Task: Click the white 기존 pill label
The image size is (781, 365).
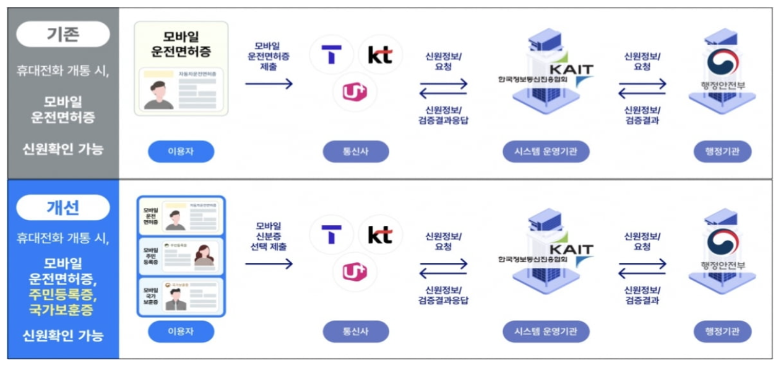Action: point(63,34)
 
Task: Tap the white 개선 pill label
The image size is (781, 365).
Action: point(63,207)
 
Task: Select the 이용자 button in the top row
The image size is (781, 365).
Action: point(181,152)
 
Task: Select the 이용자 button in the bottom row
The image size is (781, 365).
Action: point(181,332)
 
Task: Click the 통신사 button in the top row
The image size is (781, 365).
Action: point(356,152)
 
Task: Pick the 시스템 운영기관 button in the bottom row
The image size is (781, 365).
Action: point(546,332)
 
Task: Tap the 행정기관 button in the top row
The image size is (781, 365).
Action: point(723,152)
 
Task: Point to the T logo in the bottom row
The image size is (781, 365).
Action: point(332,234)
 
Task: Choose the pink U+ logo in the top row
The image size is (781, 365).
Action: point(355,92)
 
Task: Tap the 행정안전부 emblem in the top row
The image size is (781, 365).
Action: point(723,62)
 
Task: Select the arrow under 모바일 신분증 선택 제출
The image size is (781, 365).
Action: point(269,264)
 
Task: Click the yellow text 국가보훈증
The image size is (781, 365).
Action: point(63,309)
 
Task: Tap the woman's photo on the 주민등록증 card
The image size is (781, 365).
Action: point(204,254)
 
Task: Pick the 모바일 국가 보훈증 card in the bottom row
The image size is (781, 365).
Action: point(181,296)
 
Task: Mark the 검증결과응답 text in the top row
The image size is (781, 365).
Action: point(443,121)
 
